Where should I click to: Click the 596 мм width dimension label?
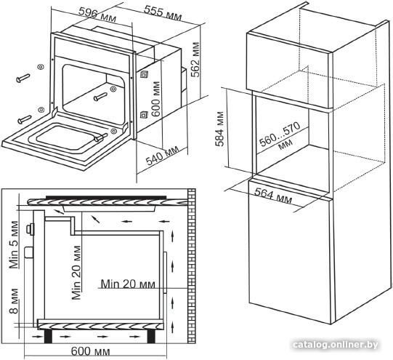[x=97, y=15]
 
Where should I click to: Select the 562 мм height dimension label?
[x=195, y=60]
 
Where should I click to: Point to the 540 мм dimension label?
[x=163, y=156]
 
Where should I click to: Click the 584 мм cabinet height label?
[x=219, y=129]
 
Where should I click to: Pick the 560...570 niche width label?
[x=280, y=137]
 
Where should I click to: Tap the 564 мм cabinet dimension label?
[x=273, y=196]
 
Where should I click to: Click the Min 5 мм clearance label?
[x=14, y=244]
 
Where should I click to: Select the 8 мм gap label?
[x=14, y=301]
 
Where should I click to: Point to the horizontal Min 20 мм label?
[x=128, y=284]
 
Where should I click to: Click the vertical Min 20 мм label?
[x=76, y=273]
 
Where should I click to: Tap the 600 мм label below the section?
[x=91, y=351]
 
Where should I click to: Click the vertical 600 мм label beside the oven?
[x=155, y=99]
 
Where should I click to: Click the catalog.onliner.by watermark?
[x=336, y=345]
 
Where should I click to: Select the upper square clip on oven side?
[x=144, y=74]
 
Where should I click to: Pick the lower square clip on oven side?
[x=144, y=115]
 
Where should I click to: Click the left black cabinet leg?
[x=49, y=337]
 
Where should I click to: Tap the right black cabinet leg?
[x=151, y=337]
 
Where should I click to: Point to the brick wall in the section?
[x=192, y=265]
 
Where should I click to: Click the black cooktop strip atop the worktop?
[x=106, y=198]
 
